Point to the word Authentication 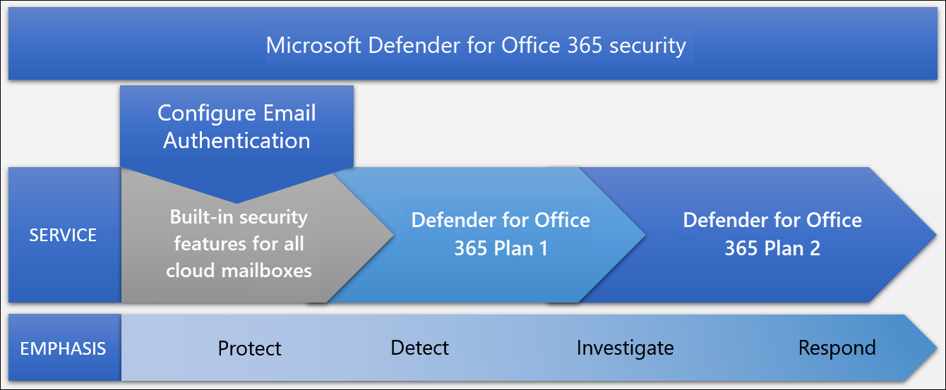tap(237, 140)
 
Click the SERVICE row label tap(63, 235)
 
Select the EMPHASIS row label tap(63, 348)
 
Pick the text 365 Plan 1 tap(501, 248)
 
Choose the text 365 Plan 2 tap(772, 248)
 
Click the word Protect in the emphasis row tap(250, 348)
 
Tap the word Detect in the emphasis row tap(420, 348)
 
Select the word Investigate tap(625, 348)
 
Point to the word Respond tap(837, 348)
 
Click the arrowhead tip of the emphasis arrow tap(937, 348)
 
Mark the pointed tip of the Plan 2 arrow tap(936, 235)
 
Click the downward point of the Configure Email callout tap(236, 203)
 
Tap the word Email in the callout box tap(289, 113)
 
